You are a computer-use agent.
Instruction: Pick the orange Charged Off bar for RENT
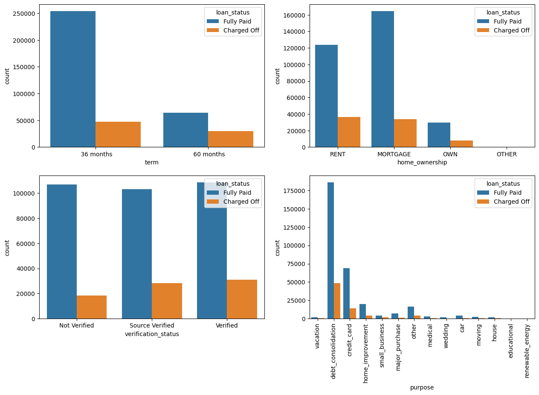(x=349, y=132)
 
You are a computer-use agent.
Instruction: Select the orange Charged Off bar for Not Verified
(x=92, y=307)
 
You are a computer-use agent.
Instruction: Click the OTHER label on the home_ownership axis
(x=507, y=154)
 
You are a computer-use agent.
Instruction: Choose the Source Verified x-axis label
(x=152, y=325)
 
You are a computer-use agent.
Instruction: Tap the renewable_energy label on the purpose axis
(x=527, y=351)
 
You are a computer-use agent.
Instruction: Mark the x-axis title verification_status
(x=152, y=334)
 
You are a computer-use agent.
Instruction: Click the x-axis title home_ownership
(x=422, y=162)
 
